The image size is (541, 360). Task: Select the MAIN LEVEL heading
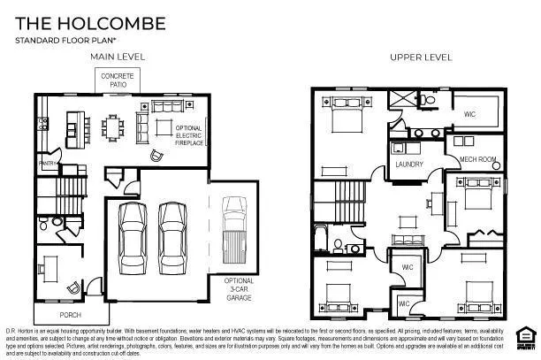click(x=117, y=57)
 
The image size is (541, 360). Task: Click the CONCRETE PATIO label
click(x=118, y=80)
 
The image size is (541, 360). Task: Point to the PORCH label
click(x=71, y=314)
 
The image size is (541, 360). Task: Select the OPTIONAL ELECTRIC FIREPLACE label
click(x=190, y=134)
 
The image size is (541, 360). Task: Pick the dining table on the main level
click(x=111, y=126)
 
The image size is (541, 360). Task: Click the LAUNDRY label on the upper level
click(x=408, y=165)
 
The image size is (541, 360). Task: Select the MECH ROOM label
click(x=475, y=160)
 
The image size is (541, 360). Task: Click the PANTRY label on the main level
click(x=47, y=164)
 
